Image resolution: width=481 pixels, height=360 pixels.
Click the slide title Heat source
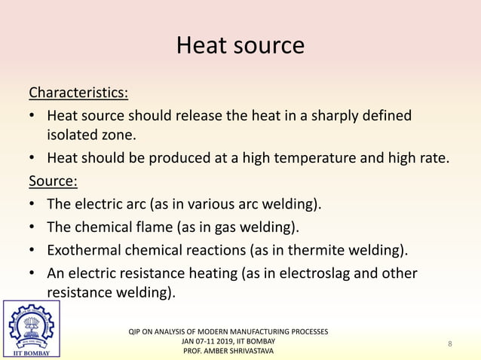(240, 46)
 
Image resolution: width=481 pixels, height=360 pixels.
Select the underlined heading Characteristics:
(78, 93)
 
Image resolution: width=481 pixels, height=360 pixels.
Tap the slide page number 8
(449, 344)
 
